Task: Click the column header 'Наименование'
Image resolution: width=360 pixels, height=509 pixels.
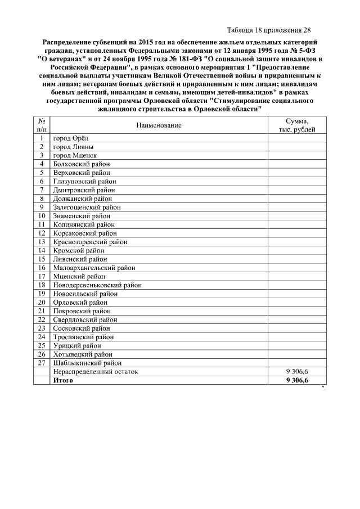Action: [x=159, y=125]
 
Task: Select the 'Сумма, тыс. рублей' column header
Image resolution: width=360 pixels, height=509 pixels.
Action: [x=296, y=125]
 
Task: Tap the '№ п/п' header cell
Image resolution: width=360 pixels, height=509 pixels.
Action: [x=42, y=125]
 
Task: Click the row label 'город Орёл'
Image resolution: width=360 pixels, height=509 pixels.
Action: [x=70, y=138]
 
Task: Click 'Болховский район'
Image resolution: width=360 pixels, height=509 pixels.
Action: [x=82, y=164]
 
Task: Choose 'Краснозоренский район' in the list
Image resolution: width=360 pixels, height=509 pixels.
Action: [x=90, y=242]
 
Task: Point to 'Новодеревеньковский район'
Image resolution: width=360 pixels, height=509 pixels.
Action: [x=97, y=285]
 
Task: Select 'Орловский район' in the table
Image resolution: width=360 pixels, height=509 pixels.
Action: [x=80, y=303]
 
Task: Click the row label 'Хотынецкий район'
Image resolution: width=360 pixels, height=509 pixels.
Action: [x=83, y=354]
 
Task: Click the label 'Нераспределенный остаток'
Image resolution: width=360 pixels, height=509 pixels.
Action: [x=95, y=372]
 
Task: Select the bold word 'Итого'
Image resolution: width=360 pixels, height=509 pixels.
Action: [x=63, y=381]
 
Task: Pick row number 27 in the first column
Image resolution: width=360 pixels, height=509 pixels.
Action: [x=41, y=363]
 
